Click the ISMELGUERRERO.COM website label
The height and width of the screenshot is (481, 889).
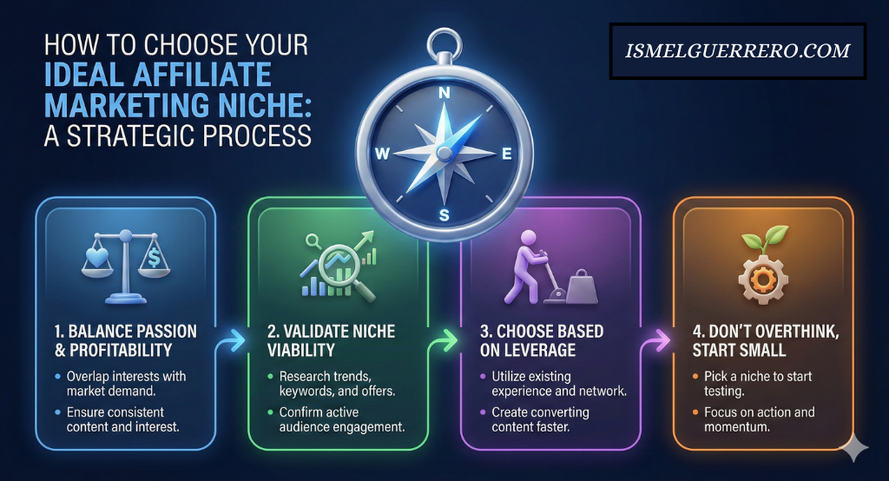738,51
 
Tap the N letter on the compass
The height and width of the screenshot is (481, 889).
444,94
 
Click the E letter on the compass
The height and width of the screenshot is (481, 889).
506,154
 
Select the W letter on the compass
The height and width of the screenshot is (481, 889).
382,154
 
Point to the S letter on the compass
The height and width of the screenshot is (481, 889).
444,215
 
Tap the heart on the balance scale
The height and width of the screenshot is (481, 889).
97,258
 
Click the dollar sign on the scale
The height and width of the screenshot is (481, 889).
154,258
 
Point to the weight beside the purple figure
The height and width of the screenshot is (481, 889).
582,287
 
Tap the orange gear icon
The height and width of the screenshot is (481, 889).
762,278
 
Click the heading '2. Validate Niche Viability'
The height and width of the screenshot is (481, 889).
331,340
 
